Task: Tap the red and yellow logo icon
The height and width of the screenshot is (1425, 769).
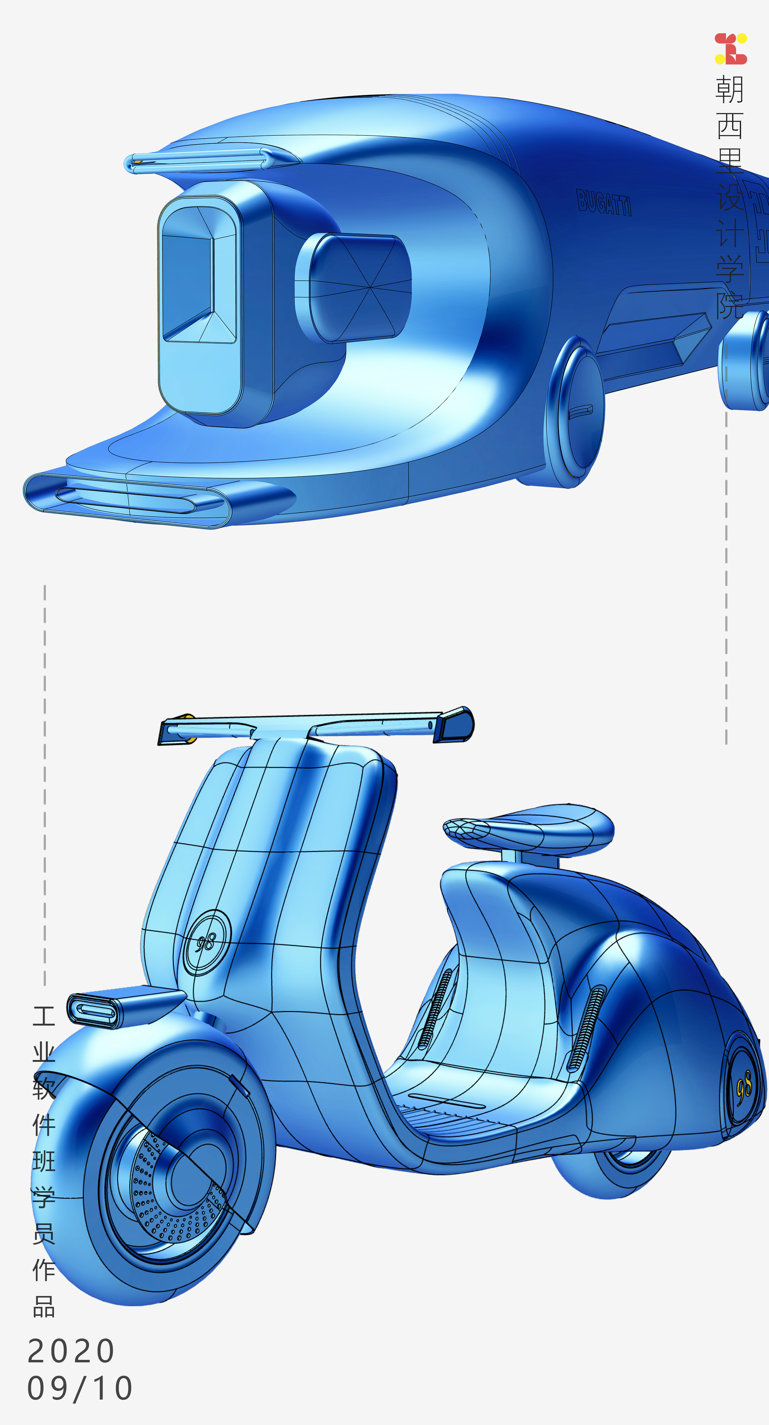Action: tap(730, 49)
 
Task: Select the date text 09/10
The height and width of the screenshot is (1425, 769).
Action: tap(80, 1388)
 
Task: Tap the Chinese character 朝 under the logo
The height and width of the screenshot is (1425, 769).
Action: tap(730, 90)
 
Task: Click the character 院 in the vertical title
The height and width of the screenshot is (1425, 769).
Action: tap(730, 305)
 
